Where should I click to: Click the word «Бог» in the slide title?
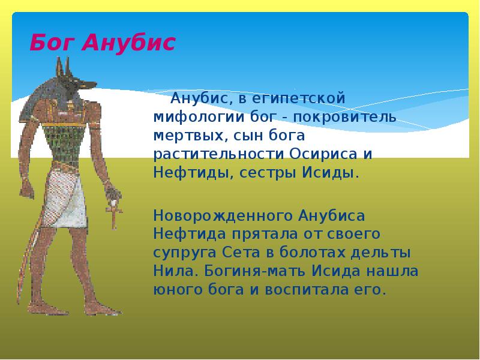51,43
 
